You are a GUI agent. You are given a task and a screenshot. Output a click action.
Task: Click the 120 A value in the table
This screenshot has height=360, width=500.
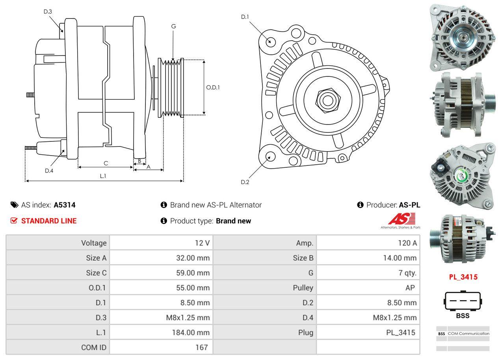pos(407,243)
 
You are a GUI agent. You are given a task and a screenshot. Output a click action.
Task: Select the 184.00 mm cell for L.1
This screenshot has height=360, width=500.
pos(190,332)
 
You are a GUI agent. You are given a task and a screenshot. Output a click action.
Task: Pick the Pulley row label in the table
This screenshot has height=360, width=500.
pos(303,288)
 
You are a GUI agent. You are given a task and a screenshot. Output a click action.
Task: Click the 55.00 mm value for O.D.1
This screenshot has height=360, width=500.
pos(193,288)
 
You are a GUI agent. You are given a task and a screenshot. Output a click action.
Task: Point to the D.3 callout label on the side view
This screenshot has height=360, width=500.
pos(48,11)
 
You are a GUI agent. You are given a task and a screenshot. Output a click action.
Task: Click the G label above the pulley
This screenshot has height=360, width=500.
pos(173,26)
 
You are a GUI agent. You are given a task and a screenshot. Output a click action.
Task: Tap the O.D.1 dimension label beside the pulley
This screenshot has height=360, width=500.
pos(213,87)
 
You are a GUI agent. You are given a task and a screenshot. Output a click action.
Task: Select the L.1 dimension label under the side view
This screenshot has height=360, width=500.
pos(103,176)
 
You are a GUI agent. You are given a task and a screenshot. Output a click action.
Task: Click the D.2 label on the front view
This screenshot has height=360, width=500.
pos(245,182)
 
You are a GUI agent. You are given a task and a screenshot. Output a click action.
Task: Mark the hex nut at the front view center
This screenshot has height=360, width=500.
pos(326,99)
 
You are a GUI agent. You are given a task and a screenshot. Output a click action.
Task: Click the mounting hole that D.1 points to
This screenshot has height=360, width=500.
pos(270,41)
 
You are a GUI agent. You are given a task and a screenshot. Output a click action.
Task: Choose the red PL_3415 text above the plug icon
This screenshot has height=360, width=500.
pos(463,277)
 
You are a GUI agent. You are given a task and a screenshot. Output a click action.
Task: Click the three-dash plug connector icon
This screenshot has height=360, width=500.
pos(463,301)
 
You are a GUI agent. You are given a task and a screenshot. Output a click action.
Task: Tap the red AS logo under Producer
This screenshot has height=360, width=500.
pos(401,219)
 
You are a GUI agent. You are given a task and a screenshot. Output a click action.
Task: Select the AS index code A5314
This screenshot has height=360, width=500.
pos(65,205)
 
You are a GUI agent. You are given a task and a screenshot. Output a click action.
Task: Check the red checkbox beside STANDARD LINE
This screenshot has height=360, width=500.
pos(14,221)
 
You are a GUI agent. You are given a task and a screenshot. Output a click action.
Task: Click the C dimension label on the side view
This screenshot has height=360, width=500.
pos(106,163)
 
